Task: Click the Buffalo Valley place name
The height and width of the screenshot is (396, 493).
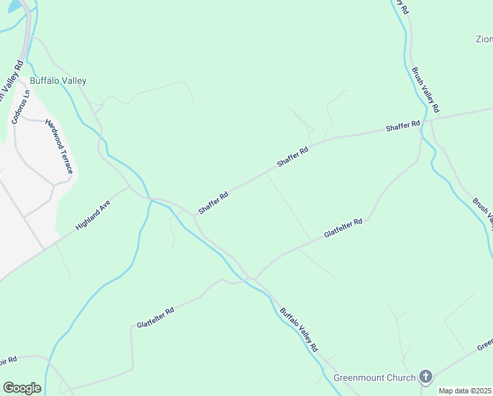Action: point(58,81)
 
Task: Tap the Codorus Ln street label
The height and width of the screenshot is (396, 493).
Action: point(20,106)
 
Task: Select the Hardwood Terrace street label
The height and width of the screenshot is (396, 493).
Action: point(58,147)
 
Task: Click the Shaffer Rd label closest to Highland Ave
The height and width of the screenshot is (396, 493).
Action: point(214,203)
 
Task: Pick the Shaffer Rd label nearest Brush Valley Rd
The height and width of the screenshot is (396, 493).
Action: point(403,126)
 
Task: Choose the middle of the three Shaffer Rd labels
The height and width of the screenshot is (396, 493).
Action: point(293,157)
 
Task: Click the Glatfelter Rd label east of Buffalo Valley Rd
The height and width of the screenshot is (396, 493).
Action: point(343,229)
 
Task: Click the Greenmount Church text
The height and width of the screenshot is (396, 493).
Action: point(374,378)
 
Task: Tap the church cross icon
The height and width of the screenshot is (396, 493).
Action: point(426,378)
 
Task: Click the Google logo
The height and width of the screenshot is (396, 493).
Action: point(22,388)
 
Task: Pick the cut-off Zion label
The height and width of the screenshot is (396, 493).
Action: point(484,39)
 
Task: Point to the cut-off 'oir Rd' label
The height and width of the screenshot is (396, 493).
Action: point(7,360)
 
